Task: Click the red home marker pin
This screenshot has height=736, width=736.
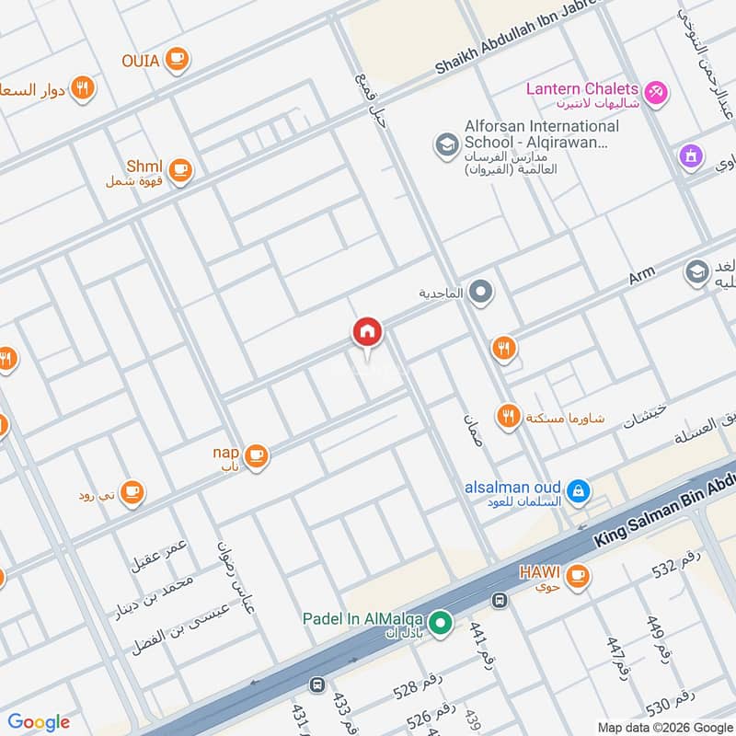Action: [366, 332]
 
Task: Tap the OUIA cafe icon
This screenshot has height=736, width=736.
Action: [177, 61]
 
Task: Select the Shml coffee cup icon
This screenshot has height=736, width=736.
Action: [179, 169]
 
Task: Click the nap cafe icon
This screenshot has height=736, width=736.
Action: [255, 454]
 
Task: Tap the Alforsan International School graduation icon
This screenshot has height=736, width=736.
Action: [446, 144]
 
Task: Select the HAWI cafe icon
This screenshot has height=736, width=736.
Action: [577, 575]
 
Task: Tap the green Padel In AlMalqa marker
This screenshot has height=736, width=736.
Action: [441, 624]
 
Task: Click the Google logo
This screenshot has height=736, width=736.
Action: [39, 721]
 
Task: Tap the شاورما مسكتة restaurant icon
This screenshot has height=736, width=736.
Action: [507, 417]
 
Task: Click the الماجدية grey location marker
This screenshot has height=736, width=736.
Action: [480, 293]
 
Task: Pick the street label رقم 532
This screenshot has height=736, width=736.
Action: [677, 563]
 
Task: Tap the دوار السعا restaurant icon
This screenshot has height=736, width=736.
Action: [83, 88]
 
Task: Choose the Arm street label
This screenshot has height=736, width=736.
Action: [641, 276]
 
